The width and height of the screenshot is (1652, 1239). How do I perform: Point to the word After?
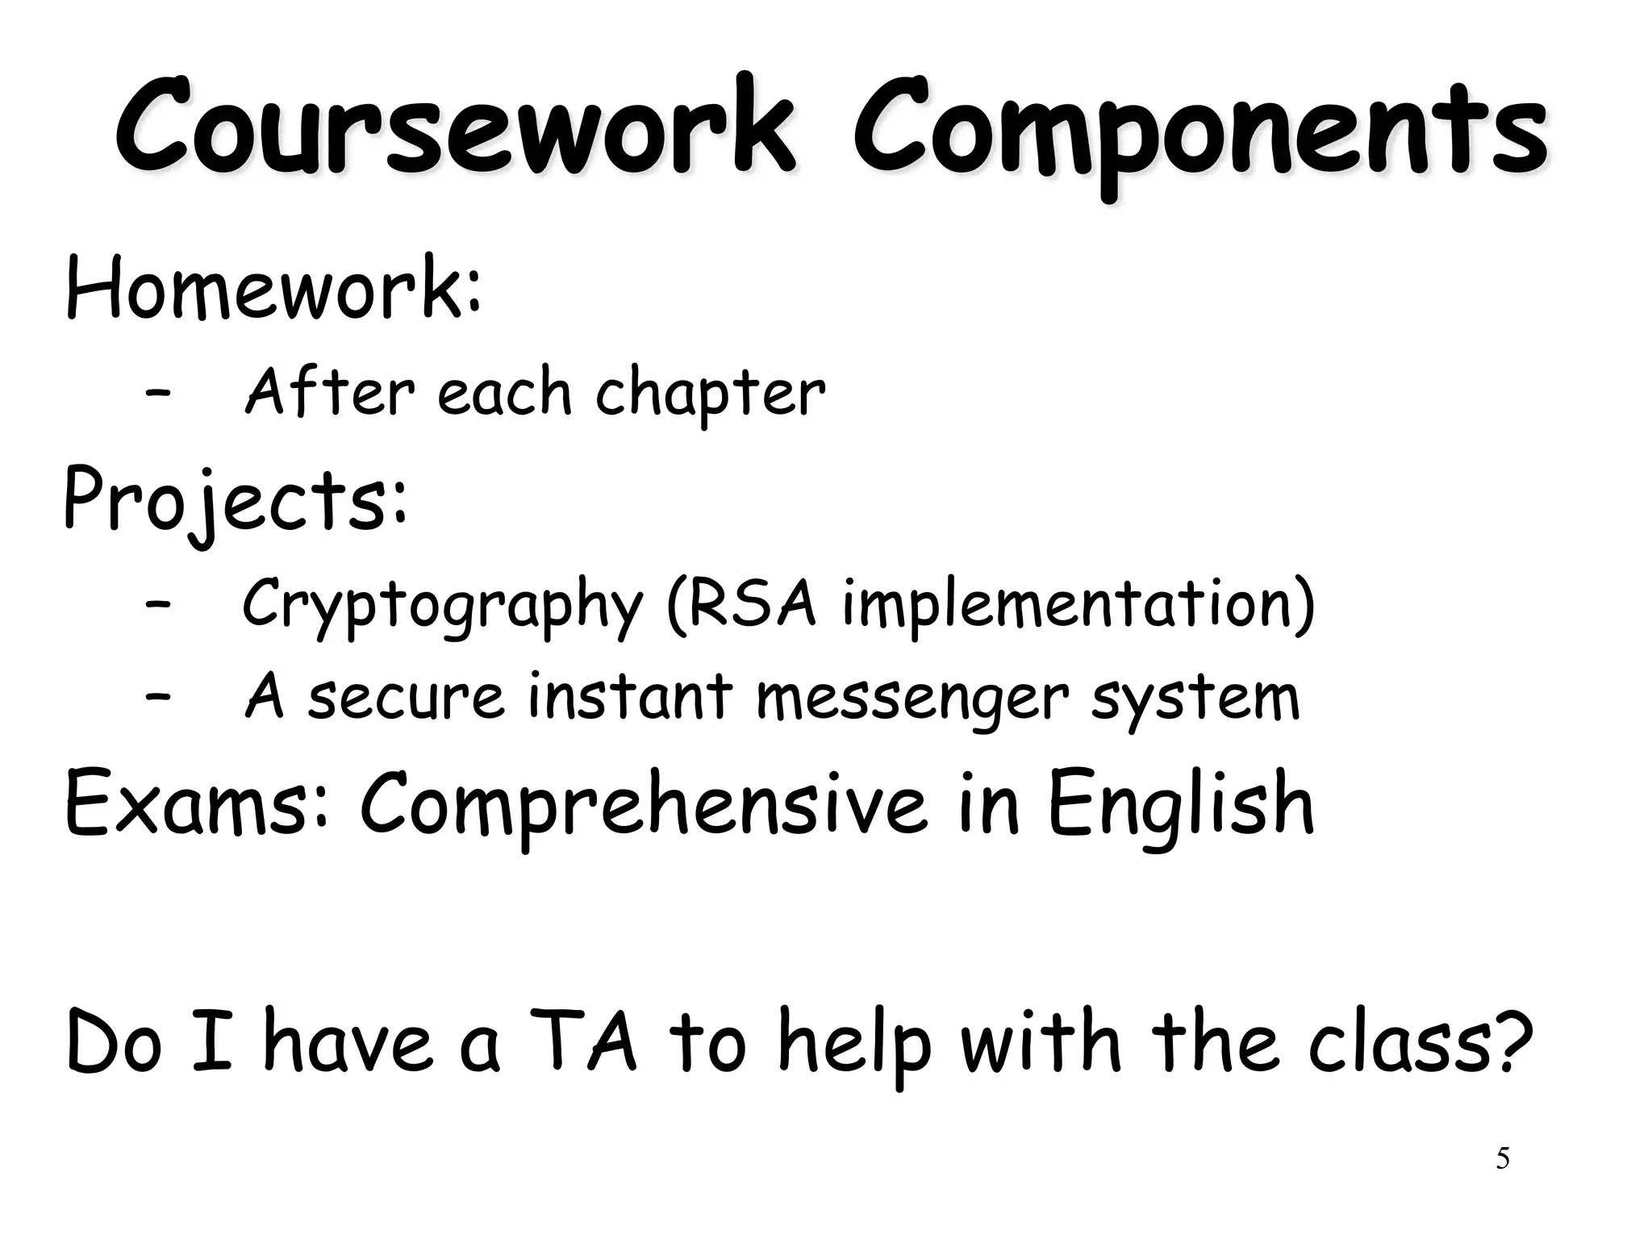tap(330, 391)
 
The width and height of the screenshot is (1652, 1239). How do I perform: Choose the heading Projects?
tap(235, 501)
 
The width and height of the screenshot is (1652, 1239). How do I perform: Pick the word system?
tap(1195, 699)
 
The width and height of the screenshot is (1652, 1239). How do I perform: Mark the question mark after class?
tap(1509, 1041)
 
